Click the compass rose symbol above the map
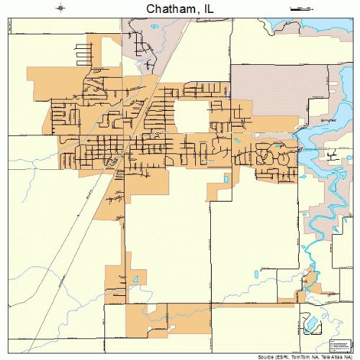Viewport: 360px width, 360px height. click(60, 8)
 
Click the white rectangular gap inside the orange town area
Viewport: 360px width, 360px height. click(189, 115)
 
